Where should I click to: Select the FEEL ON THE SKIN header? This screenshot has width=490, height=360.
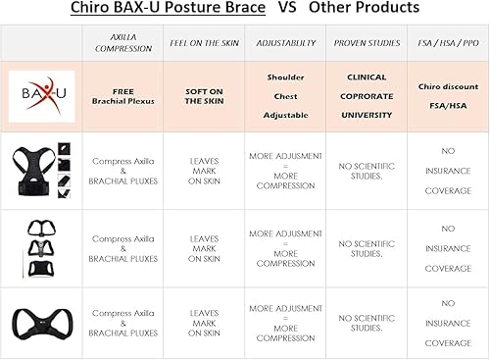tap(204, 44)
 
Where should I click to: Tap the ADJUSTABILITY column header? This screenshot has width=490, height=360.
tap(285, 44)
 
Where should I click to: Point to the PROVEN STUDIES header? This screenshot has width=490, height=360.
tap(366, 44)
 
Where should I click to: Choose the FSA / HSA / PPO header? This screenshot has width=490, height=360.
tap(447, 44)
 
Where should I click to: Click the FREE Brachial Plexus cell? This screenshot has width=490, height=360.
tap(123, 96)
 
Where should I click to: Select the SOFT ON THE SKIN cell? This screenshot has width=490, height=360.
tap(204, 96)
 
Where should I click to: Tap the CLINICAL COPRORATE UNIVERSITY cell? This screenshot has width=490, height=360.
tap(366, 96)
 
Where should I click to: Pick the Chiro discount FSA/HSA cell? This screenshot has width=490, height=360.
tap(447, 96)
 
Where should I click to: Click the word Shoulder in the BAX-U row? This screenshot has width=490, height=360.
tap(285, 77)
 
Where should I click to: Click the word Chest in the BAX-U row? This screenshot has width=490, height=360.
tap(285, 96)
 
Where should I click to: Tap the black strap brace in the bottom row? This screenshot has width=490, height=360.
tap(40, 322)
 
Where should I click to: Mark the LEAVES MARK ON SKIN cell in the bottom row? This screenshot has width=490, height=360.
tap(204, 323)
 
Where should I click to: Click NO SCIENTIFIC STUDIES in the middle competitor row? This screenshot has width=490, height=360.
tap(366, 247)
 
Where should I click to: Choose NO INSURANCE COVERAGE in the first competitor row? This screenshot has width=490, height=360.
tap(447, 169)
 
